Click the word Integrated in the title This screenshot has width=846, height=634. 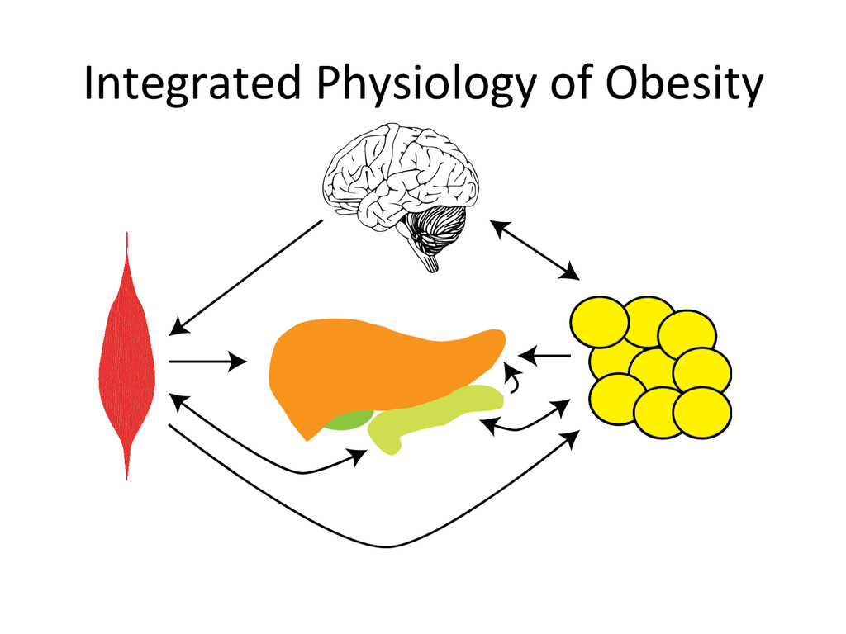(x=190, y=84)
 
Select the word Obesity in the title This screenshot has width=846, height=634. (x=683, y=84)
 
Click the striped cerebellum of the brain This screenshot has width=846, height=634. (x=436, y=227)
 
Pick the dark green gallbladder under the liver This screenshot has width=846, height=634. (x=347, y=420)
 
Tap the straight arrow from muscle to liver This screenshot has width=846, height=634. (x=207, y=361)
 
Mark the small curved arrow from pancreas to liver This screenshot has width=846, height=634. (x=516, y=382)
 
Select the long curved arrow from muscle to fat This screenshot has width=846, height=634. (x=388, y=545)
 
